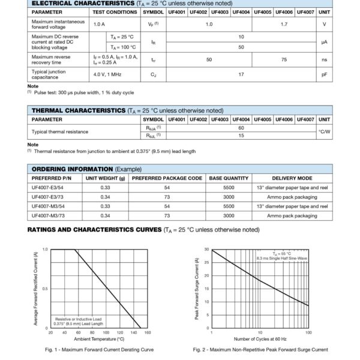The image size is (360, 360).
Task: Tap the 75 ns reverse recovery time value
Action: (283, 59)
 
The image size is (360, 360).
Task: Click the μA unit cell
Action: (324, 41)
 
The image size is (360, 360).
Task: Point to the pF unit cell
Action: (324, 74)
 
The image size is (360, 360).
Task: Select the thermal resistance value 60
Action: (241, 127)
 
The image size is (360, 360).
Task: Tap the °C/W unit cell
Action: (324, 131)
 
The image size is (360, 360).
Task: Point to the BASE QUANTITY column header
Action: (228, 178)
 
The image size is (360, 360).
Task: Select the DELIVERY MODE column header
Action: (292, 178)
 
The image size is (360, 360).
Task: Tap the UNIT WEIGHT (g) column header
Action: (105, 178)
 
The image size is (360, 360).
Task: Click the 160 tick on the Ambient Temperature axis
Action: (148, 332)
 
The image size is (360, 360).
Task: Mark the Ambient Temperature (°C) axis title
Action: (98, 339)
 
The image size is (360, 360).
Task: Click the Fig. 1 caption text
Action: (99, 349)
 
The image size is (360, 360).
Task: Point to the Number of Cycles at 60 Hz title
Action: (260, 339)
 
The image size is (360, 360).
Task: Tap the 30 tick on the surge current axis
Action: (206, 249)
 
